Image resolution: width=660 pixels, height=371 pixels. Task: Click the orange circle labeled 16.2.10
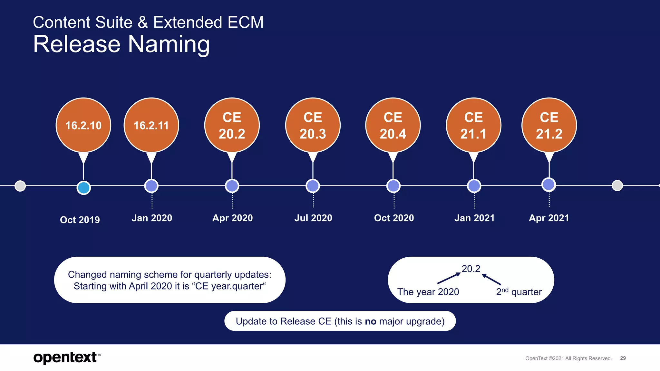click(x=83, y=125)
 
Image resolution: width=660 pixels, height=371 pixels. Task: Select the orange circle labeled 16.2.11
click(x=151, y=125)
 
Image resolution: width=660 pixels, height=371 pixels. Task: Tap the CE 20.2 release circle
click(x=232, y=125)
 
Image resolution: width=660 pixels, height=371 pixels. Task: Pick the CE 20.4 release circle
click(x=393, y=125)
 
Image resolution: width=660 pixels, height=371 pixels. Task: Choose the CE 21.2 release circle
click(x=549, y=125)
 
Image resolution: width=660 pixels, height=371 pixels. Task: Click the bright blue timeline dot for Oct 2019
click(x=84, y=188)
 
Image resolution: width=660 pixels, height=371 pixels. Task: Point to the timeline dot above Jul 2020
click(x=313, y=186)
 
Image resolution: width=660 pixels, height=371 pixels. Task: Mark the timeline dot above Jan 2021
click(x=474, y=186)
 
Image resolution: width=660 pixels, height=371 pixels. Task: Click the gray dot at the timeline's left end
click(x=20, y=186)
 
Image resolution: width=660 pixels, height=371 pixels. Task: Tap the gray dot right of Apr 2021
click(x=617, y=185)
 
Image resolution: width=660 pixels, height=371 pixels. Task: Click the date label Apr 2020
click(x=232, y=218)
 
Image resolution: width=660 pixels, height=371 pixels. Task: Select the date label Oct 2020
click(x=394, y=218)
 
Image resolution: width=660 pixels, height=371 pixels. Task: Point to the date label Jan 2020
click(x=152, y=218)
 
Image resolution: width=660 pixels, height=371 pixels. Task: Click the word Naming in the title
click(x=169, y=44)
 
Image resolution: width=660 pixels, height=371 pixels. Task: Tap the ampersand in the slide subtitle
click(x=143, y=23)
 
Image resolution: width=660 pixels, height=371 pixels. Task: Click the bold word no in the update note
click(x=370, y=321)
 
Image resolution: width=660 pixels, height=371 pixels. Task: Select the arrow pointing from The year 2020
click(x=449, y=278)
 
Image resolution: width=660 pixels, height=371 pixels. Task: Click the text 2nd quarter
click(x=519, y=292)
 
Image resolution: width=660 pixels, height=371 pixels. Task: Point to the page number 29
click(x=623, y=358)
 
